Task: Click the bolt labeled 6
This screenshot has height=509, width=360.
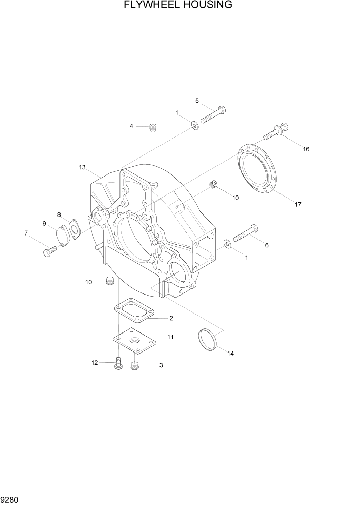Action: click(246, 233)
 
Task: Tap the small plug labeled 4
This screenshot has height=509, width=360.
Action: click(152, 127)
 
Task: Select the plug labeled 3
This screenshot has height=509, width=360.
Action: click(136, 366)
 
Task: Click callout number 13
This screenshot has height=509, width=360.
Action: click(82, 167)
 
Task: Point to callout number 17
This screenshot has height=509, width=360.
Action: click(297, 204)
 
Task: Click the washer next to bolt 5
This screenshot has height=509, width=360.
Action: click(195, 125)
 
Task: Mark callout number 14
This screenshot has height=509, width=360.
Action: click(230, 354)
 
